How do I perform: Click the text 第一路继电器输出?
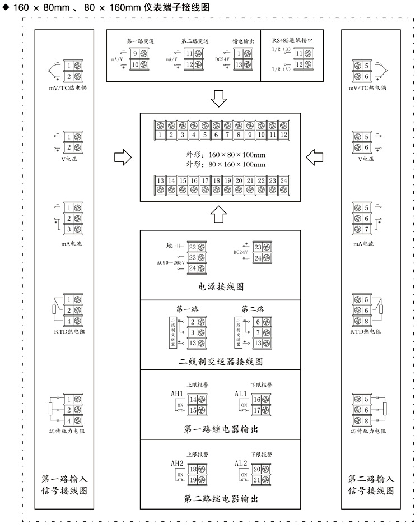coord(221,430)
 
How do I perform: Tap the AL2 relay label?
coord(241,464)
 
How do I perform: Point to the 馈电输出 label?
coord(243,41)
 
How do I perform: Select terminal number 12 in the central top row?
coord(283,135)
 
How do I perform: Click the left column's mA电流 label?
coord(69,244)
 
